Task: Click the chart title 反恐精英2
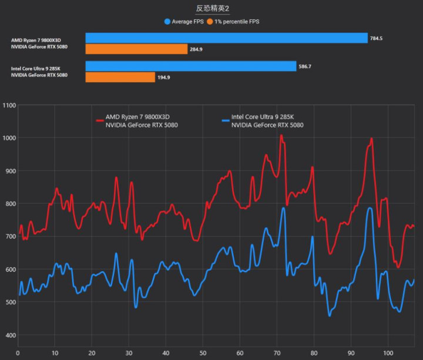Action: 212,9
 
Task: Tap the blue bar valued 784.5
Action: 226,38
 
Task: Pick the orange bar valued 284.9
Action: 136,49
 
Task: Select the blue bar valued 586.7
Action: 191,66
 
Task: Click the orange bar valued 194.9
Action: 120,77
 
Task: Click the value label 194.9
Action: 165,77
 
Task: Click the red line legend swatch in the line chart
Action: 99,120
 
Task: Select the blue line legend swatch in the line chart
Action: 225,120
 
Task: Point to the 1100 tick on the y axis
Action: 9,106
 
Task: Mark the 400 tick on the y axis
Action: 9,335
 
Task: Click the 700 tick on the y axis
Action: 9,237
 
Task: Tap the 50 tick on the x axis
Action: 202,354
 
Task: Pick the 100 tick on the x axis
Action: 387,354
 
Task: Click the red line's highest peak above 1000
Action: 281,136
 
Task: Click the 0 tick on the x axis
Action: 18,354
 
